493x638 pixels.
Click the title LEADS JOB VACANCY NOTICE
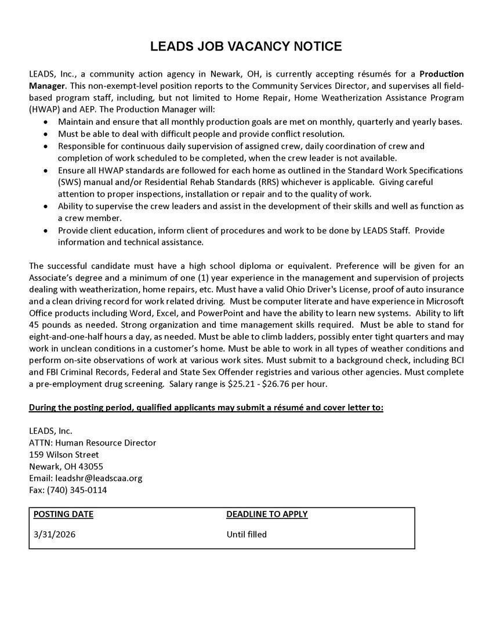(x=246, y=46)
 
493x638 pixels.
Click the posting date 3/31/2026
(x=55, y=534)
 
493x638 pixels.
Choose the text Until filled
(x=246, y=534)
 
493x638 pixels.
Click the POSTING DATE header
(x=63, y=514)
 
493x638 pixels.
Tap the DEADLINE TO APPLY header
(x=267, y=514)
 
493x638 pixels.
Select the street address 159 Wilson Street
(x=64, y=454)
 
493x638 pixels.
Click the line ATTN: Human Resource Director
(x=92, y=443)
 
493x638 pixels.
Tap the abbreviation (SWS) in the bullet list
(x=71, y=182)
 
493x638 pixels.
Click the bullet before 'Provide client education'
(x=46, y=230)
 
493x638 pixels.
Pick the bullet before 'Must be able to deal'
(x=46, y=134)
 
